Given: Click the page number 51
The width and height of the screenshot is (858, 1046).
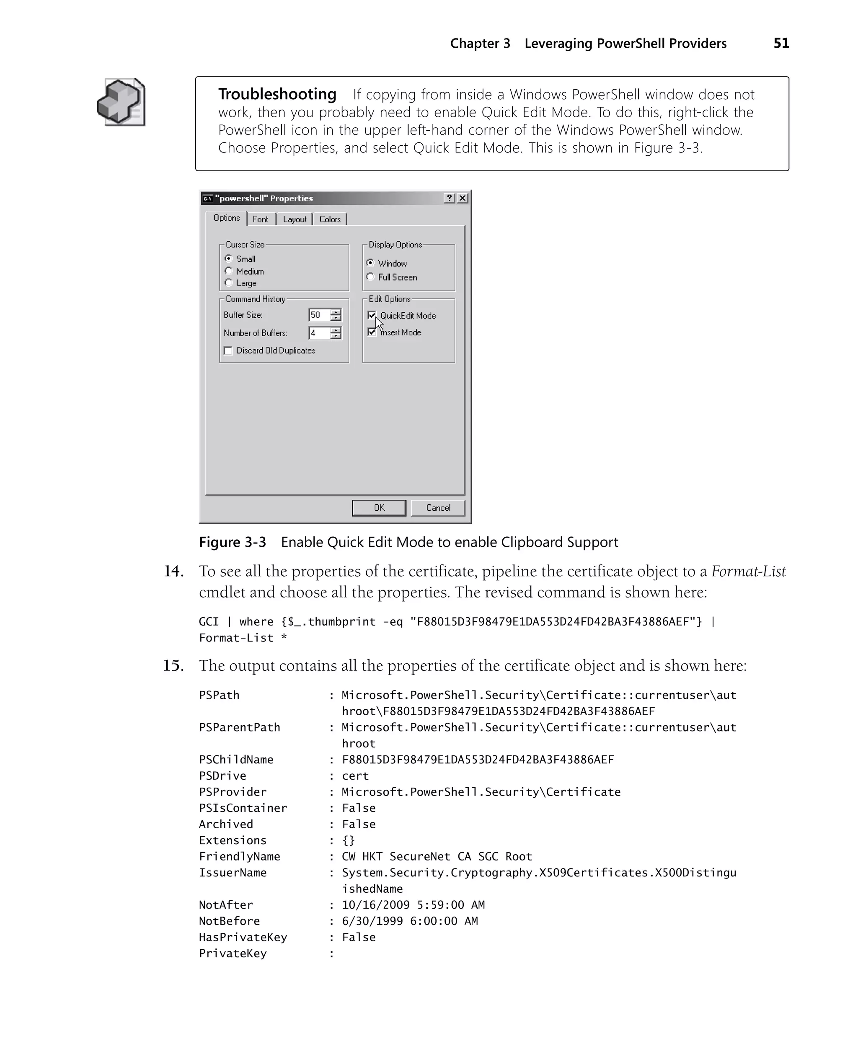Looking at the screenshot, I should click(781, 44).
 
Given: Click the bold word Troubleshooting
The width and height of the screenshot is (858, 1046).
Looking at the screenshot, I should click(277, 94).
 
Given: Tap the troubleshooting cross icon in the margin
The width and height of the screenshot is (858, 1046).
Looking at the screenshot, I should click(121, 102).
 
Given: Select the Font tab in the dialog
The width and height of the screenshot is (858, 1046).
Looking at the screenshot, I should click(261, 219).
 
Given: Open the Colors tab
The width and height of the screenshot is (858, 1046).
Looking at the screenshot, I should click(330, 219).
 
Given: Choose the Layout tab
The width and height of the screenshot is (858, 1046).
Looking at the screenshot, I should click(295, 219).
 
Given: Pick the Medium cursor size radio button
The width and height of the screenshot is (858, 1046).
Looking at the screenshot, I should click(228, 271).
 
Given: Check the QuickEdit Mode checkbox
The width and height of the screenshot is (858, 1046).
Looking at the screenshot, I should click(372, 315).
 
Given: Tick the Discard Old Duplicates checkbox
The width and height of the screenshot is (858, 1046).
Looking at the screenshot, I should click(228, 350).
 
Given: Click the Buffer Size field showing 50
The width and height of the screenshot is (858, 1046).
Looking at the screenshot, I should click(319, 315).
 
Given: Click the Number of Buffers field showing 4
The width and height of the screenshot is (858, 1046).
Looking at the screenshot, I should click(319, 333).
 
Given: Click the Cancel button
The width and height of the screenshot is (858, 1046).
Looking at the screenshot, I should click(438, 508).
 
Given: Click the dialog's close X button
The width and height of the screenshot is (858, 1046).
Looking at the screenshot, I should click(463, 198).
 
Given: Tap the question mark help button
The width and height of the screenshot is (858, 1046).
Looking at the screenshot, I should click(449, 198).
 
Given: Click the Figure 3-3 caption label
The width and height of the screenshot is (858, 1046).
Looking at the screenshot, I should click(232, 542).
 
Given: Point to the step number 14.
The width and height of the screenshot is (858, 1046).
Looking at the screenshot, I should click(173, 572).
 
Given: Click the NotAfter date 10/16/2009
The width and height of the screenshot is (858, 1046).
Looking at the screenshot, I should click(376, 905).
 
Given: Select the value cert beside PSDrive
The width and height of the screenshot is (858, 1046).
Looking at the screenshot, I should click(355, 776).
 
